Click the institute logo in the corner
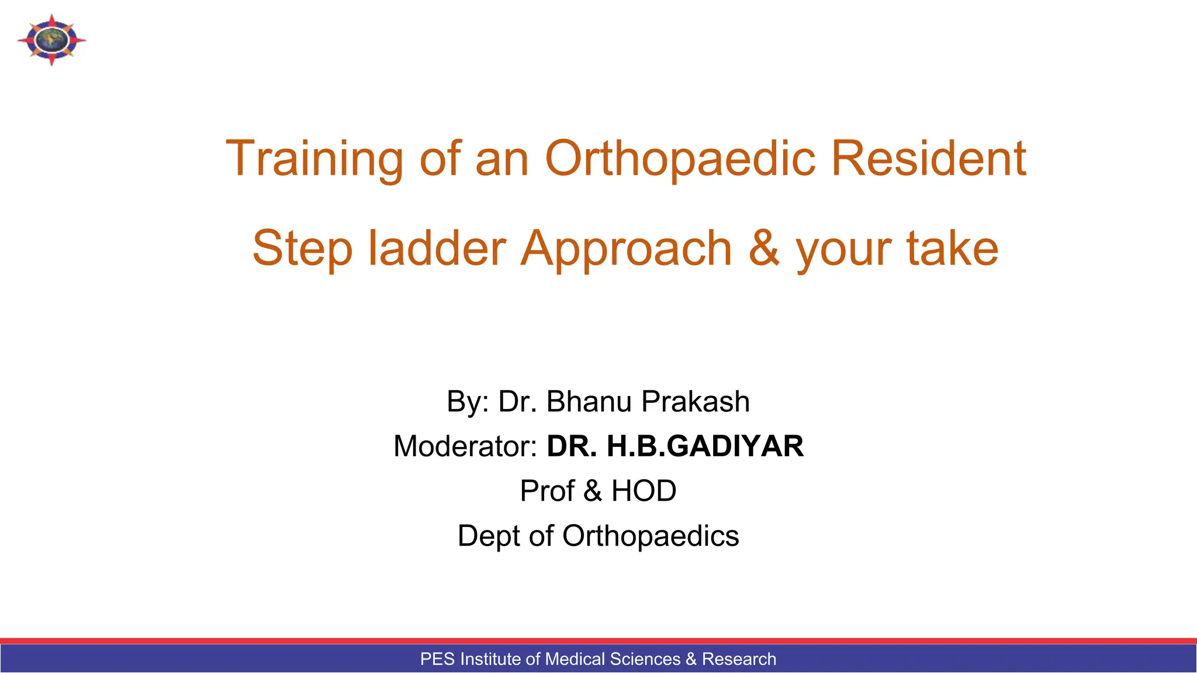51,40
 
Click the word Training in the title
314,159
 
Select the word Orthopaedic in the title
680,159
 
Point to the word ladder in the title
437,248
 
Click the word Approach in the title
626,248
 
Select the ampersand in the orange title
764,248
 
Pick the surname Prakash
696,402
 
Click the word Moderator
465,446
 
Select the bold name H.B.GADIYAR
705,446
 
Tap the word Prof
547,491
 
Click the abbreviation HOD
644,491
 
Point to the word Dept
489,536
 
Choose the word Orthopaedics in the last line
651,536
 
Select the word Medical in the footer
575,659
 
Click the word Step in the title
302,248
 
